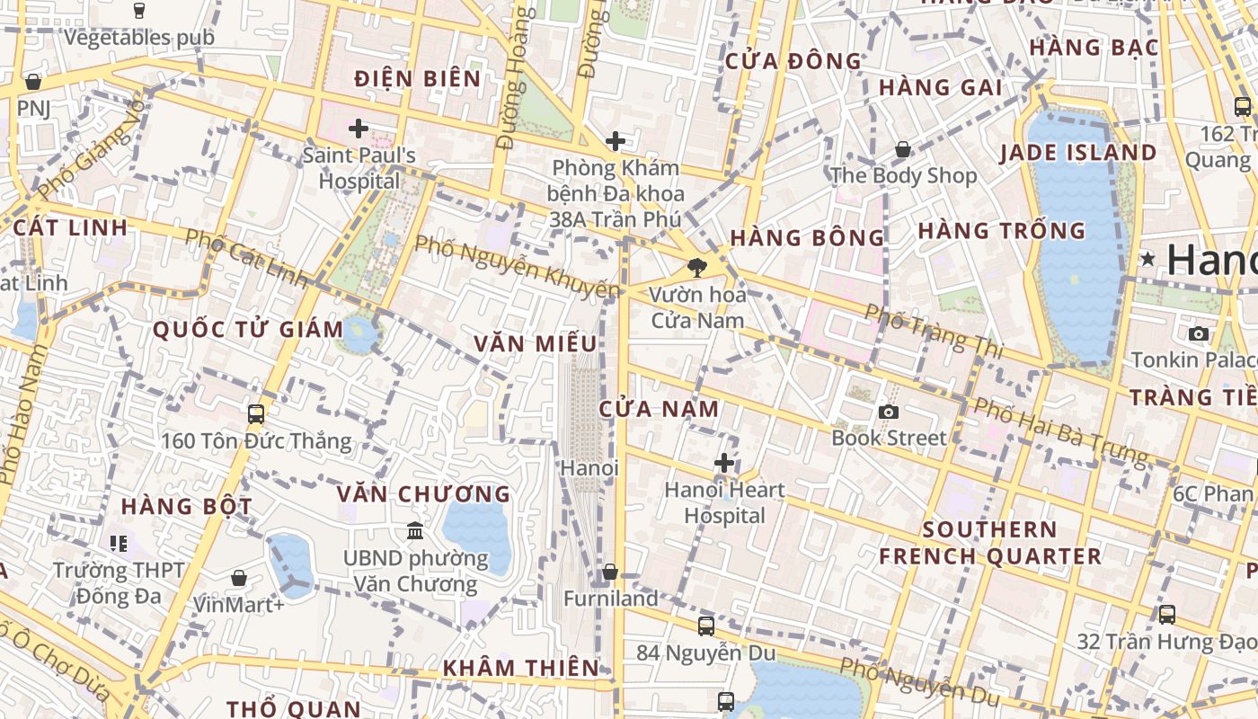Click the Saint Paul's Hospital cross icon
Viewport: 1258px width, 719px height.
pos(359,129)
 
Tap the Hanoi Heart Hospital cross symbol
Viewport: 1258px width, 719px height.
pos(724,464)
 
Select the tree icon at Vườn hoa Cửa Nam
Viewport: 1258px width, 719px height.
pos(695,267)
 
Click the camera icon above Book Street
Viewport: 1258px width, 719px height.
pos(889,412)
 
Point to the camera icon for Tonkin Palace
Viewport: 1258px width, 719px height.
pos(1198,333)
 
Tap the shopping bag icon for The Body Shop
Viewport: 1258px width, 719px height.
pos(902,149)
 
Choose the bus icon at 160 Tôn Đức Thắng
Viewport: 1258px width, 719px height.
pos(256,413)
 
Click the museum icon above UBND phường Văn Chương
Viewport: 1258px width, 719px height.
pos(415,531)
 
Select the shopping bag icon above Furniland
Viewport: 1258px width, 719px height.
pos(610,572)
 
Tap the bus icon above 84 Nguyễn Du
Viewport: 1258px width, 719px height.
pos(706,626)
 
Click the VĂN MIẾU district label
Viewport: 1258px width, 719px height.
pos(536,343)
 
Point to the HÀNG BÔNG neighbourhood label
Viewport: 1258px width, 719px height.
pos(808,238)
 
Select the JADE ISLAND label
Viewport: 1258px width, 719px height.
pos(1078,153)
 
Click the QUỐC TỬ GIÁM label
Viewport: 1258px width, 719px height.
pos(248,330)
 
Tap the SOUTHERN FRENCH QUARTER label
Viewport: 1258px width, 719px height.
pos(990,543)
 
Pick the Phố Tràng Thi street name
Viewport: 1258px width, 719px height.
pos(933,330)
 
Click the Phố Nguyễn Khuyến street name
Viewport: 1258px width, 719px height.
pos(517,266)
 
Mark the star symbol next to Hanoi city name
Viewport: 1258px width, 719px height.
pos(1148,260)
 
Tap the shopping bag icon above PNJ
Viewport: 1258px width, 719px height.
pos(33,83)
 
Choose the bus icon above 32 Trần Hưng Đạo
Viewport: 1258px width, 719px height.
pos(1167,615)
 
